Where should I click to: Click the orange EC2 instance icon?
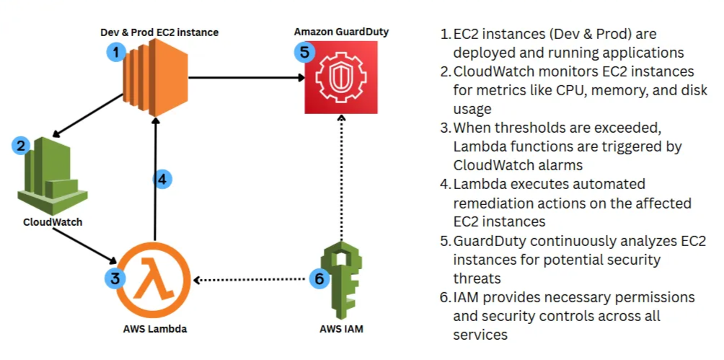(154, 76)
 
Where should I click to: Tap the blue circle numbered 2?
(22, 146)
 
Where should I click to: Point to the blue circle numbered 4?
(164, 179)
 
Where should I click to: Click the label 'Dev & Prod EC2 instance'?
(159, 32)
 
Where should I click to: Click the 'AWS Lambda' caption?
(154, 329)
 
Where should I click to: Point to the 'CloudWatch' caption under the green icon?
(53, 221)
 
